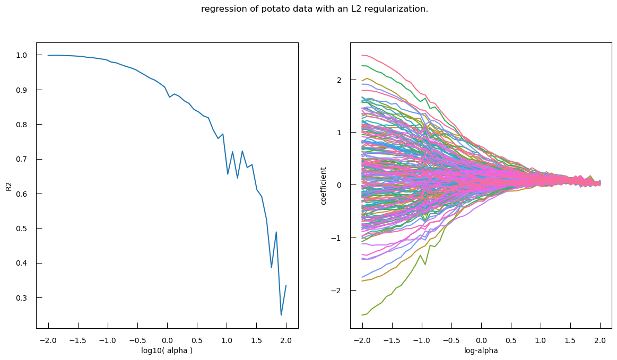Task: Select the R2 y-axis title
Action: [8, 186]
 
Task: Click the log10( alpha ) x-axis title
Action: [167, 350]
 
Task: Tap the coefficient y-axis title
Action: [324, 186]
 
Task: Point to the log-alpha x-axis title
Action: [481, 350]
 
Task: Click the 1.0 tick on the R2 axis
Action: [22, 55]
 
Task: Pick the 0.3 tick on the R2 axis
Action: [22, 298]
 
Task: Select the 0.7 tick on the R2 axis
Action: [22, 159]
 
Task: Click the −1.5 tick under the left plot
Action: [78, 340]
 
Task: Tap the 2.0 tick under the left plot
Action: [286, 340]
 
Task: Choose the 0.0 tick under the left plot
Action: [167, 340]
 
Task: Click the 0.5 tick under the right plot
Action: [511, 340]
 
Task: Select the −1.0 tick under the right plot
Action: [421, 340]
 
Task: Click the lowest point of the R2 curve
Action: [281, 315]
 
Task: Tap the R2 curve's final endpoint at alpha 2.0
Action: [286, 286]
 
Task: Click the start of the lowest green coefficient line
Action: [362, 315]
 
